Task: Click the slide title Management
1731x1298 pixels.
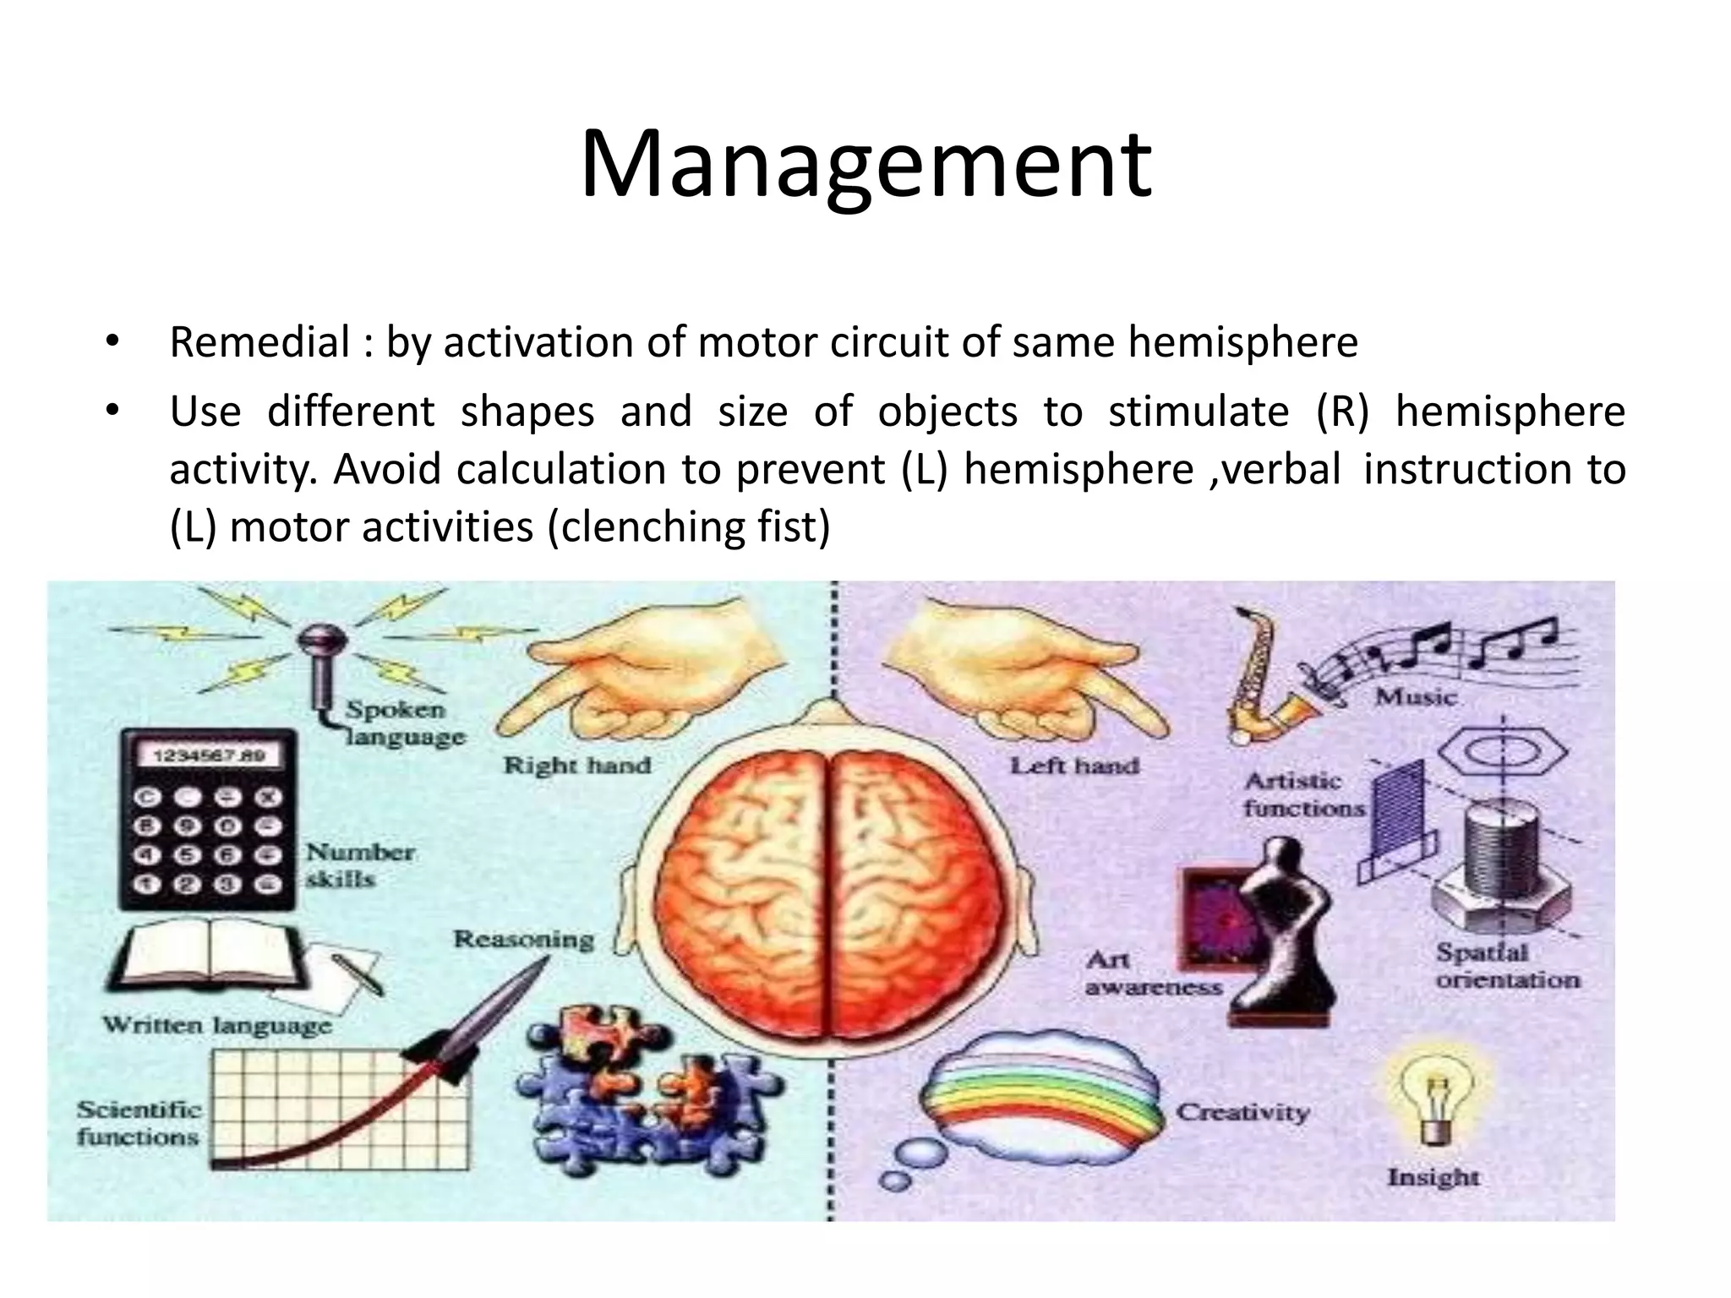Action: click(865, 165)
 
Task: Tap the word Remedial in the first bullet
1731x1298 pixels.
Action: click(259, 343)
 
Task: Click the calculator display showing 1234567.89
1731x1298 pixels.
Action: click(208, 755)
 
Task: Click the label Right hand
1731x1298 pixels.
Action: click(577, 766)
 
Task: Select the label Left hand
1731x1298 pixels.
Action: click(1074, 766)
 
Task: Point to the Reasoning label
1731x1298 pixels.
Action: click(523, 939)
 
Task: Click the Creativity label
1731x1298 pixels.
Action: click(1242, 1112)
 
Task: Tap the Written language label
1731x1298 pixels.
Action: click(217, 1026)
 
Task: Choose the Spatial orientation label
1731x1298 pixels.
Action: click(1507, 966)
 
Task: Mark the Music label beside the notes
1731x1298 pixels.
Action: click(1416, 697)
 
